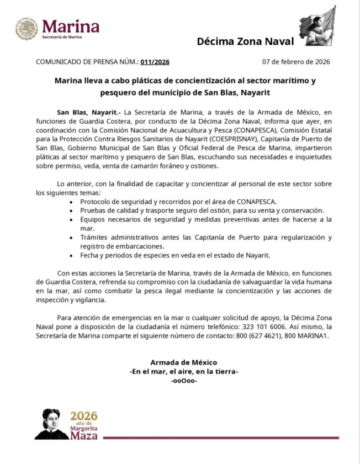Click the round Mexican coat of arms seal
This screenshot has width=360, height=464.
(27, 29)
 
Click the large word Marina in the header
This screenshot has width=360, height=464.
(71, 25)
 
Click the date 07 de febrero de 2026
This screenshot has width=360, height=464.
(296, 62)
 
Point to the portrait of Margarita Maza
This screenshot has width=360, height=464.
(51, 424)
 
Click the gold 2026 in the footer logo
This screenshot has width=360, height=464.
(83, 416)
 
